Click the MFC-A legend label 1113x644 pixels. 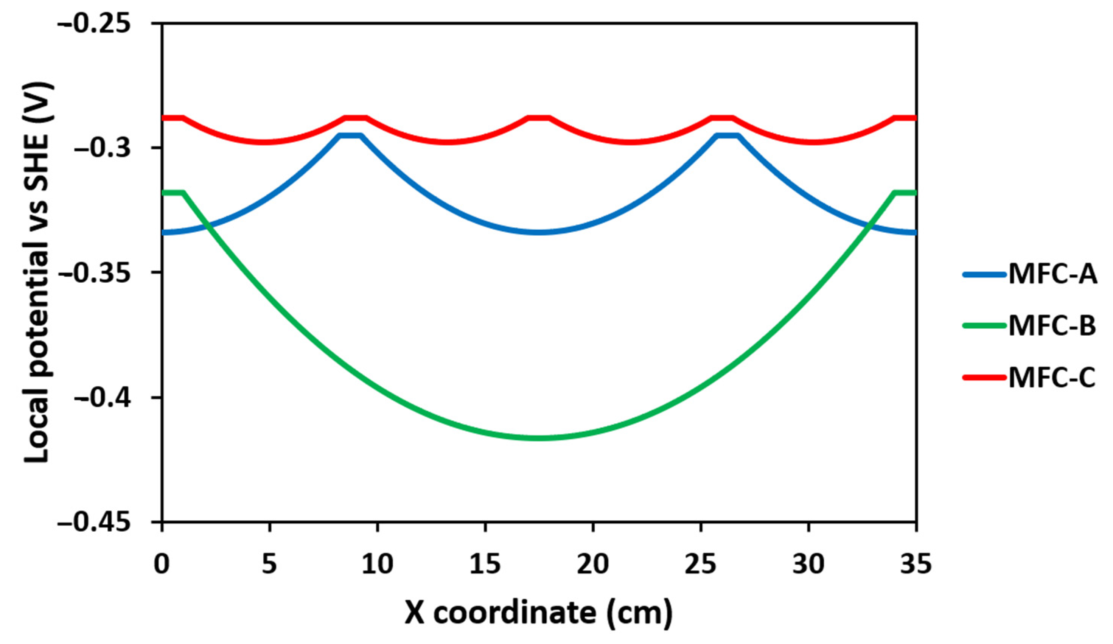(1052, 274)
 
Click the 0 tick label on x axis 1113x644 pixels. (162, 564)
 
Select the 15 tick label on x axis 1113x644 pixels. (485, 564)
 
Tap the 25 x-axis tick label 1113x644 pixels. (701, 564)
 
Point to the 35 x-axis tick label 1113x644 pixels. (916, 564)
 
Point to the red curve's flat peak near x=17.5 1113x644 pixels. (539, 118)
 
